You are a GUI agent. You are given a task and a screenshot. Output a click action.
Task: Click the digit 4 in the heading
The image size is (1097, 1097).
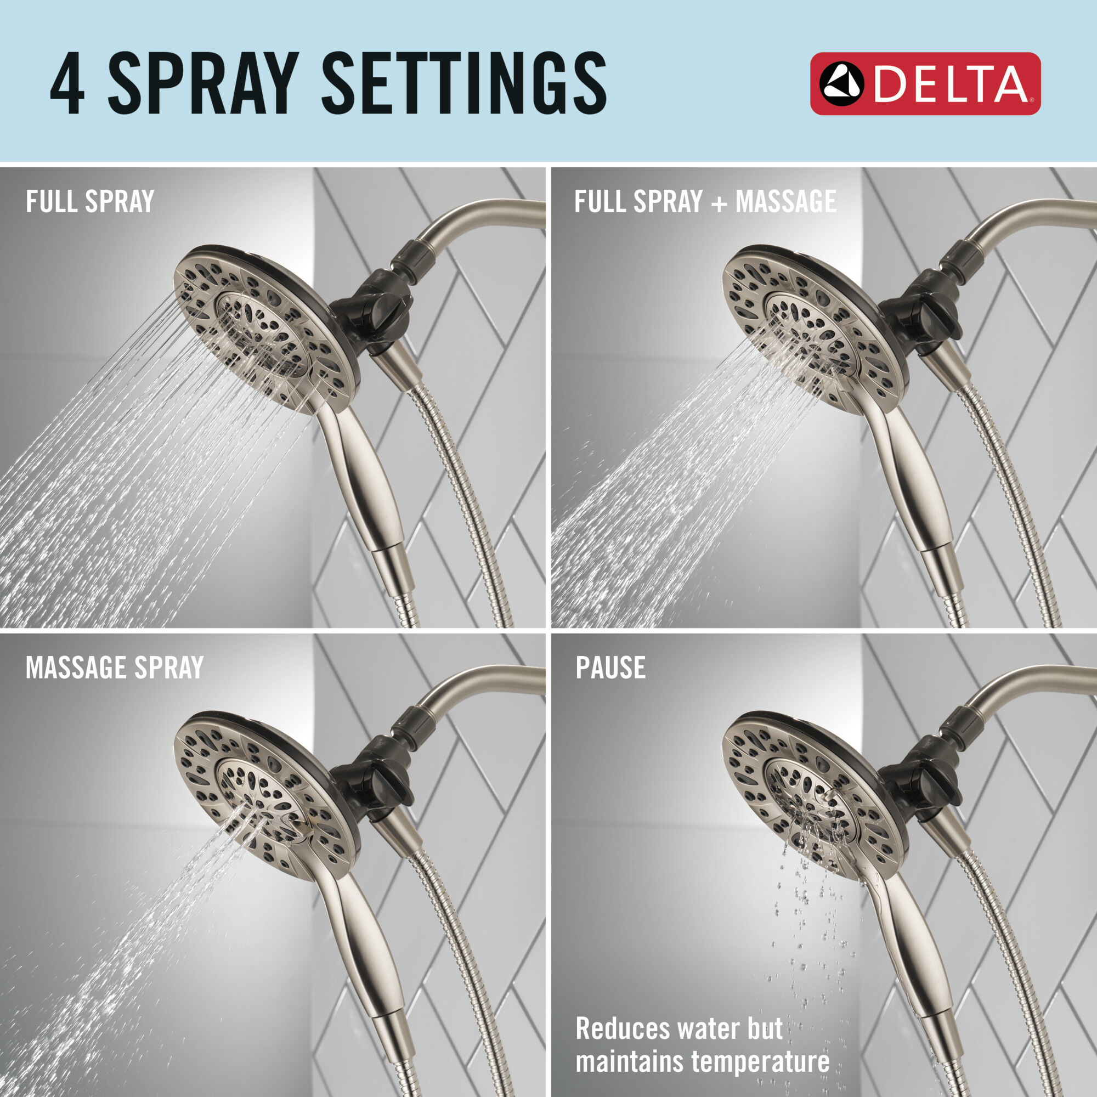coord(67,83)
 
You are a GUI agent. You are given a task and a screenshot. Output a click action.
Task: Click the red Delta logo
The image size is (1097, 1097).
coord(925,84)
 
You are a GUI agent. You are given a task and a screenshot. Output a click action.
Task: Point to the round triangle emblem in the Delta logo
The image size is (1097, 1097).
coord(841,84)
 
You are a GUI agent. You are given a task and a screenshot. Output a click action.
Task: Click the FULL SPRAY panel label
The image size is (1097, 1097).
coord(90,201)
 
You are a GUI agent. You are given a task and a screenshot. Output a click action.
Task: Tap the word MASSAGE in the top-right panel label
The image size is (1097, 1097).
coord(786,201)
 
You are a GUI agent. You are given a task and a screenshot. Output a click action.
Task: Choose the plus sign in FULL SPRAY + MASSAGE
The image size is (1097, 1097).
coord(720,203)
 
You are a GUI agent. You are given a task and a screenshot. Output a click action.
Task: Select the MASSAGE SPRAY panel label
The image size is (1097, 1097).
coord(114,668)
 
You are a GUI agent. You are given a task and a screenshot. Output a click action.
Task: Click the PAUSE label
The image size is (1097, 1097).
coord(610,668)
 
